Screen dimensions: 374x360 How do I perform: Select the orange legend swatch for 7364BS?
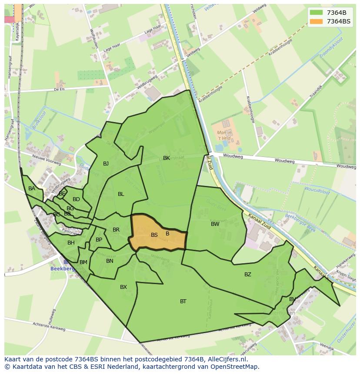[x=316, y=21]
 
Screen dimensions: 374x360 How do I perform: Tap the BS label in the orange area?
[x=154, y=235]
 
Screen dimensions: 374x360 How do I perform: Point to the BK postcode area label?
[x=167, y=158]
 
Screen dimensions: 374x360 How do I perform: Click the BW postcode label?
[x=215, y=224]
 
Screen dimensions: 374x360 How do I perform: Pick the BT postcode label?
[x=183, y=301]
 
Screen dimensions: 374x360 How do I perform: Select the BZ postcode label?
[x=248, y=274]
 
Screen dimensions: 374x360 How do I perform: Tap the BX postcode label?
[x=123, y=287]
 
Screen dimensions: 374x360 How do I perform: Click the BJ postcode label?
[x=106, y=164]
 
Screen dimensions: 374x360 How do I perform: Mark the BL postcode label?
[x=121, y=194]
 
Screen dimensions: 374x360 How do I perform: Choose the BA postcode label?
[x=32, y=189]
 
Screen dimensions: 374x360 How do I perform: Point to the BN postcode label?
[x=110, y=261]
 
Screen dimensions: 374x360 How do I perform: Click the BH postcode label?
[x=71, y=243]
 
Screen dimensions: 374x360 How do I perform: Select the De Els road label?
[x=59, y=89]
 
